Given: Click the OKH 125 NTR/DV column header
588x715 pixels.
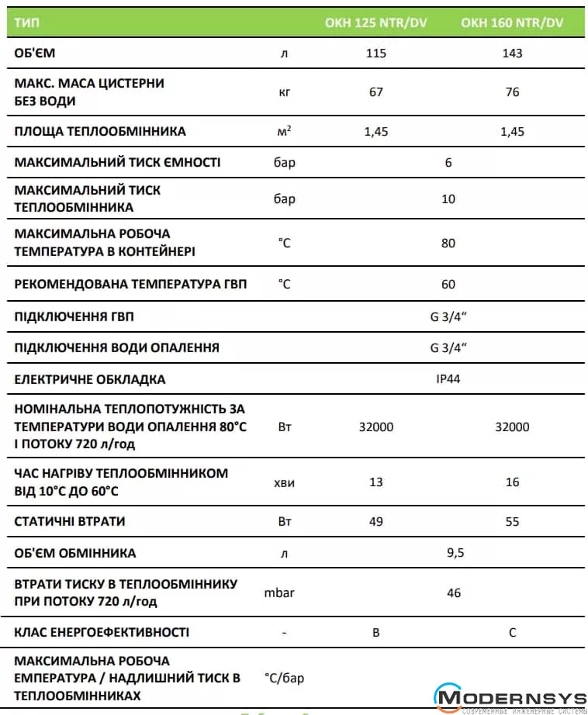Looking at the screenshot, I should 375,23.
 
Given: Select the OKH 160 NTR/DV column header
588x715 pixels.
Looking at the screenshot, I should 512,23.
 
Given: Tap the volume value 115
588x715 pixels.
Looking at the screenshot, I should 376,54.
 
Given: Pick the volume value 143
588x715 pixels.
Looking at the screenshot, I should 512,54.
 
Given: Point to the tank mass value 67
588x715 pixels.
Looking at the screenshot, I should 376,92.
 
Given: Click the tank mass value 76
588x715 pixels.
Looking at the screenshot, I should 512,92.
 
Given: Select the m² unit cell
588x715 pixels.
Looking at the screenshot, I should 285,131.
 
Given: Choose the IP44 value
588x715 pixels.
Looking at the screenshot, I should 448,380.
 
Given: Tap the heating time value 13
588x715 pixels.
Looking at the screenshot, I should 376,482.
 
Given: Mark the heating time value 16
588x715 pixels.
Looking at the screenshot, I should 512,482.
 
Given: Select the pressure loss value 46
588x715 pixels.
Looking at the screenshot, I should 454,593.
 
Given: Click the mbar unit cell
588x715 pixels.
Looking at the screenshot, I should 279,593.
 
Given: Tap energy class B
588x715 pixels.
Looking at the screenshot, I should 376,633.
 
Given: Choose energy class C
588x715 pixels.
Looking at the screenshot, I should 512,633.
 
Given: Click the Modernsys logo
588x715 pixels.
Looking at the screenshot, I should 508,696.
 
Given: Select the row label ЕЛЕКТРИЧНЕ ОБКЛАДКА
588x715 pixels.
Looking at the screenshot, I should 90,380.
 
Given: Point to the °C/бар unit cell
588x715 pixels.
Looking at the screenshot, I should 285,679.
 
